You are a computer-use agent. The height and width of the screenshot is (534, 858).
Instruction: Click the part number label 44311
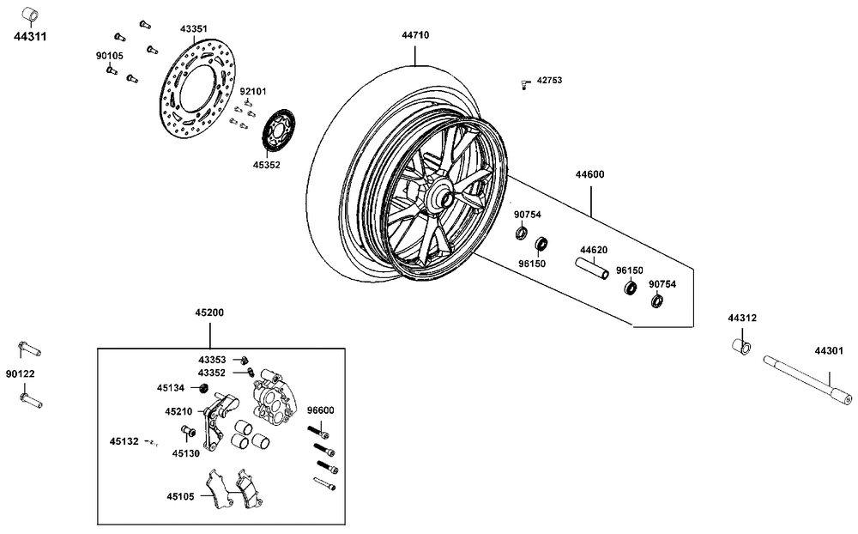tap(29, 38)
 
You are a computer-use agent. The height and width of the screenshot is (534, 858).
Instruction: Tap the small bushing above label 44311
tap(28, 15)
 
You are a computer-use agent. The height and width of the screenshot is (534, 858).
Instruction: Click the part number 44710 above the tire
tap(415, 35)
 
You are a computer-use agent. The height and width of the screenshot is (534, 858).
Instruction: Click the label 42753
tap(549, 80)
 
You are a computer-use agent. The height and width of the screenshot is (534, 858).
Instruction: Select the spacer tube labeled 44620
tap(591, 269)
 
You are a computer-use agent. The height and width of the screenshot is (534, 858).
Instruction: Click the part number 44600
tap(589, 174)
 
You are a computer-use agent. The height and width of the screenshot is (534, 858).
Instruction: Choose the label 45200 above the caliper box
tap(210, 313)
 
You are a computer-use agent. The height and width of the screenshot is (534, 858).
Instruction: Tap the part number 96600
tap(320, 411)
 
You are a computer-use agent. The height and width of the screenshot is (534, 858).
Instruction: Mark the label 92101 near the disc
tap(252, 91)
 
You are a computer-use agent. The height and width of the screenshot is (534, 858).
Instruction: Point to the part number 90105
tap(109, 55)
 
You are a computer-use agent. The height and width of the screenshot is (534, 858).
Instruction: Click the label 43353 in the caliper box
tap(212, 360)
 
